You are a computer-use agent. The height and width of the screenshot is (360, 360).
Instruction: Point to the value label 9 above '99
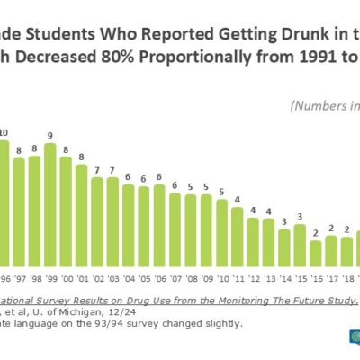[x=50, y=137]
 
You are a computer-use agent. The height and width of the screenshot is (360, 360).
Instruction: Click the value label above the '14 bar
[x=283, y=220]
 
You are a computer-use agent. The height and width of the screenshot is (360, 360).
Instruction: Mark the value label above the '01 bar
[x=81, y=157]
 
